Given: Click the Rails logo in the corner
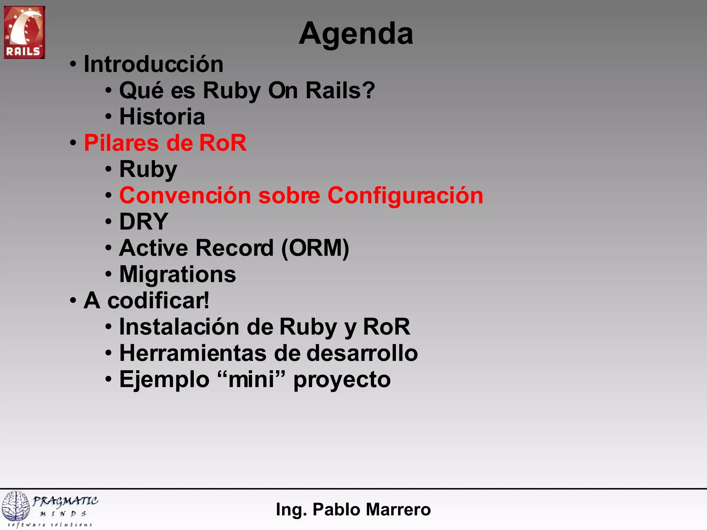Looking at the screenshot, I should (24, 32).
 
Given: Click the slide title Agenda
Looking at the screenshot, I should (356, 34).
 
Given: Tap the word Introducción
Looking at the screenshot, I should (154, 65).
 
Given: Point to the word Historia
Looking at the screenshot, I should (162, 117).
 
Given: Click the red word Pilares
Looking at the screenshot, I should (121, 143).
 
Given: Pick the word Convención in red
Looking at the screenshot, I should (185, 196).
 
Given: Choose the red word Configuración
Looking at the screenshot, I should (405, 196).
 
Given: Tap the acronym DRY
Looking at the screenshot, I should (144, 222).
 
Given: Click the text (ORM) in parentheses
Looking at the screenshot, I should (315, 248).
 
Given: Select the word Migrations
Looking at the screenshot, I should (177, 274).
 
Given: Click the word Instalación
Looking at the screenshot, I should (179, 327).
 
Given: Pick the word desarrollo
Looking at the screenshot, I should (362, 353).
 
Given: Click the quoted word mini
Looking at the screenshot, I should (251, 380).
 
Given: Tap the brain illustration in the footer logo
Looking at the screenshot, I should (16, 506).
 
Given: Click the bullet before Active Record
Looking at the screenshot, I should (108, 248).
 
